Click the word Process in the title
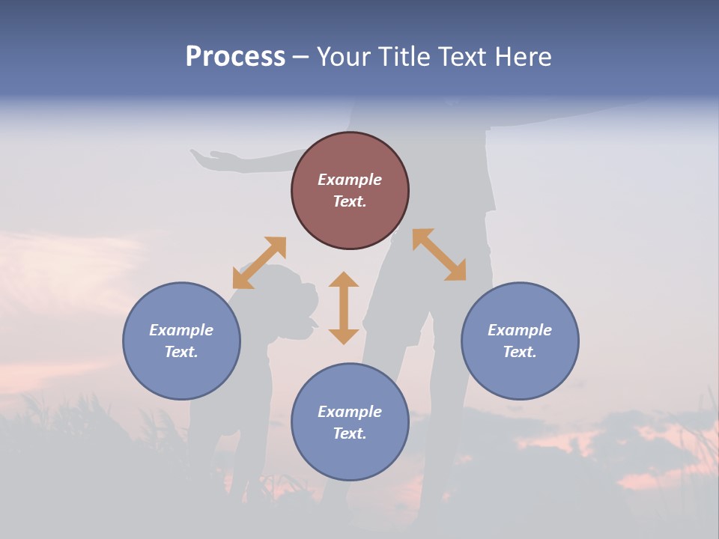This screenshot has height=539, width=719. [x=235, y=57]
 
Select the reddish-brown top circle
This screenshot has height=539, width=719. [x=350, y=190]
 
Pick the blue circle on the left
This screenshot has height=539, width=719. [x=181, y=341]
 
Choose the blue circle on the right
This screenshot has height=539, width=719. [x=520, y=341]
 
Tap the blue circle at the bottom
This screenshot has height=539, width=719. [x=350, y=422]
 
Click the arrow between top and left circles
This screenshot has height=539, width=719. [x=259, y=263]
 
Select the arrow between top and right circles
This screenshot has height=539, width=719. [x=439, y=255]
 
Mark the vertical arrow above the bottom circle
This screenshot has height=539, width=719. [x=344, y=308]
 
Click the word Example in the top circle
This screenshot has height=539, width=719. [x=350, y=180]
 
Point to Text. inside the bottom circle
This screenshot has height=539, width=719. [x=350, y=433]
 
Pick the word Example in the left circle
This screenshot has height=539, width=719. [x=181, y=330]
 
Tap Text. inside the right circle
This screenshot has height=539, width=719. [x=520, y=352]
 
